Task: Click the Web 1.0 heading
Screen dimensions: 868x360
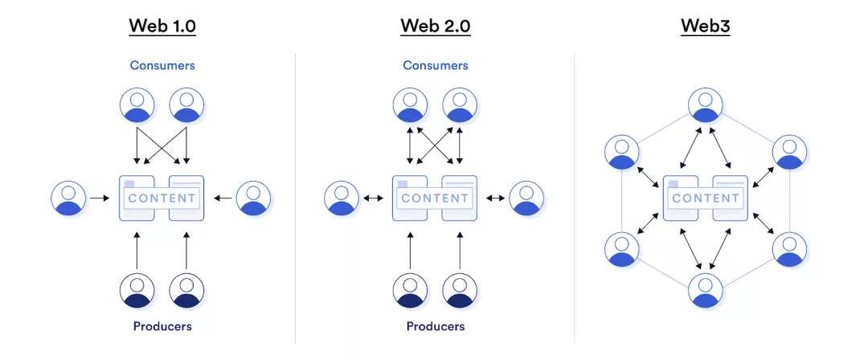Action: point(162,26)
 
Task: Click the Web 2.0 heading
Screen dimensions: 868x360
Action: point(436,26)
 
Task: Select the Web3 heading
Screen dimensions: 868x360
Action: point(706,26)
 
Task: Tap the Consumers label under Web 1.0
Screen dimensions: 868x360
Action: point(162,65)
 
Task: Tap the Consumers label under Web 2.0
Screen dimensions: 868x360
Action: point(435,65)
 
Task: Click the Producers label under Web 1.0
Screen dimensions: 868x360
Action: point(162,326)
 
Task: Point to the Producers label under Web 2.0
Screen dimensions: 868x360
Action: point(435,326)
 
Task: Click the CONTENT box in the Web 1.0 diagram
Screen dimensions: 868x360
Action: point(162,198)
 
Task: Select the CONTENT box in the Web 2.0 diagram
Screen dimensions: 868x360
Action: point(435,198)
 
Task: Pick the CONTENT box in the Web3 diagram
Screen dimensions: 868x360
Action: point(706,198)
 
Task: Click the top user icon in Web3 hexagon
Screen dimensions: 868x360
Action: point(706,105)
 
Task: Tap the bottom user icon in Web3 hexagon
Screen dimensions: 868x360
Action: point(706,289)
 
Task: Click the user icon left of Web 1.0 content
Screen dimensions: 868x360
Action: point(68,198)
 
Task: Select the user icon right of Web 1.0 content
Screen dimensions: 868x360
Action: point(253,198)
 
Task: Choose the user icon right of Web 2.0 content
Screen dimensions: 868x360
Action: point(526,198)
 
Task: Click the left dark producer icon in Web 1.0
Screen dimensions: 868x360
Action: point(137,290)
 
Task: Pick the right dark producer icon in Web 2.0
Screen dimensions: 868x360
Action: point(460,290)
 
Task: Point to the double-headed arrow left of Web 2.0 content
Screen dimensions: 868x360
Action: point(373,198)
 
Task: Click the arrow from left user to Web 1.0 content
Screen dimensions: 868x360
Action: point(100,198)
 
